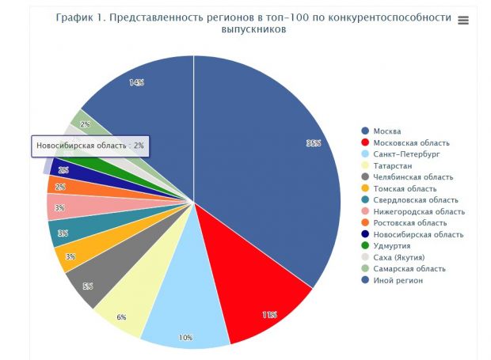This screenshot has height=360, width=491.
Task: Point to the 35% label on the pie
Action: (x=314, y=143)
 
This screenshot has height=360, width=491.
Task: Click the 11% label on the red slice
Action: (x=270, y=315)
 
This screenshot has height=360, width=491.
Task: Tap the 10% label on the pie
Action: (x=185, y=338)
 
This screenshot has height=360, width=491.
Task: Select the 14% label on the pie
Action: (x=136, y=82)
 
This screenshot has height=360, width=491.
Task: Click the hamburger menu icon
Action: (x=463, y=20)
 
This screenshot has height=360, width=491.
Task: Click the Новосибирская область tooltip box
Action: (x=90, y=146)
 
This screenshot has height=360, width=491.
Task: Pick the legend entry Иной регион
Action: (x=399, y=280)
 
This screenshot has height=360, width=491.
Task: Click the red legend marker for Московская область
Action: (x=365, y=142)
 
